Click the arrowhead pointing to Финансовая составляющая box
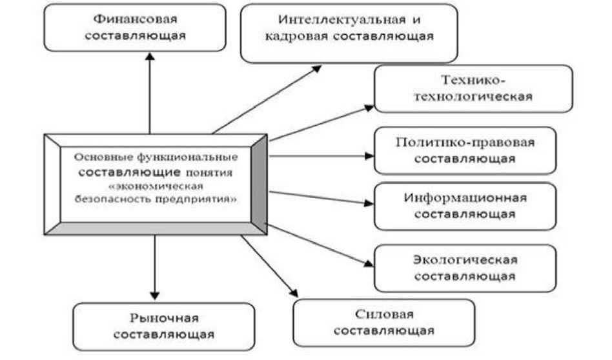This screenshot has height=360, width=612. point(149,57)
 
